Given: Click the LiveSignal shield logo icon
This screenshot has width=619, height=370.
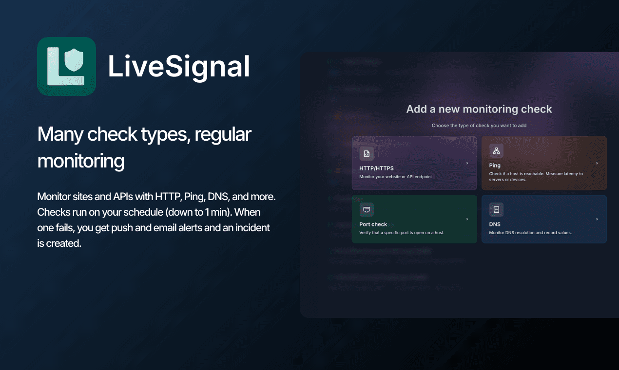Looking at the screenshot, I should (x=66, y=66).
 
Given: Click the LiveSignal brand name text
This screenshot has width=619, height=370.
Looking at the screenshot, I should (x=179, y=67).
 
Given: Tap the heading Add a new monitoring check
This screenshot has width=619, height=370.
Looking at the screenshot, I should (x=479, y=109).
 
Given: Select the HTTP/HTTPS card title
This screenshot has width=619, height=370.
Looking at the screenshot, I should (x=376, y=168).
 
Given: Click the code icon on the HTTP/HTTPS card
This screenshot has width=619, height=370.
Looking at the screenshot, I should (x=367, y=154).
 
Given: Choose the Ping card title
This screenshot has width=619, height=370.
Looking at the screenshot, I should (x=495, y=166).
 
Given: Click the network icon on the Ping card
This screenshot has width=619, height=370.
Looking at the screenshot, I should (x=496, y=151).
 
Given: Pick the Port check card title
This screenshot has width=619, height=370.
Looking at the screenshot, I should (x=373, y=224).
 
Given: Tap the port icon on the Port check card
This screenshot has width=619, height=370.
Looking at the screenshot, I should (x=367, y=210).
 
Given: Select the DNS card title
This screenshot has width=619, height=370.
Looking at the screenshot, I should (x=495, y=224).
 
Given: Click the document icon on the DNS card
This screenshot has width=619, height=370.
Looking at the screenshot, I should (x=496, y=210).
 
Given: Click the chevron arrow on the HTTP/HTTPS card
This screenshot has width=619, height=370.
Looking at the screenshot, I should (x=467, y=163).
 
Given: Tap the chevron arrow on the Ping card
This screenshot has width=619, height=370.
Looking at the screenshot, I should (x=597, y=163).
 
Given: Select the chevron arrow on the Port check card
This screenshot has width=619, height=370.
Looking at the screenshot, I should (x=467, y=219).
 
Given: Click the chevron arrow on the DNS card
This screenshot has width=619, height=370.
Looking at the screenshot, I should (x=597, y=219).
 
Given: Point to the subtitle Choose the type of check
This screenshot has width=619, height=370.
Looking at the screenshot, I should (x=479, y=126).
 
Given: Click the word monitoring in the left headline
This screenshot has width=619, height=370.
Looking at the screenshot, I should (x=81, y=161).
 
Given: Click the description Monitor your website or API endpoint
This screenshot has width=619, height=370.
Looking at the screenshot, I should (x=396, y=177).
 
